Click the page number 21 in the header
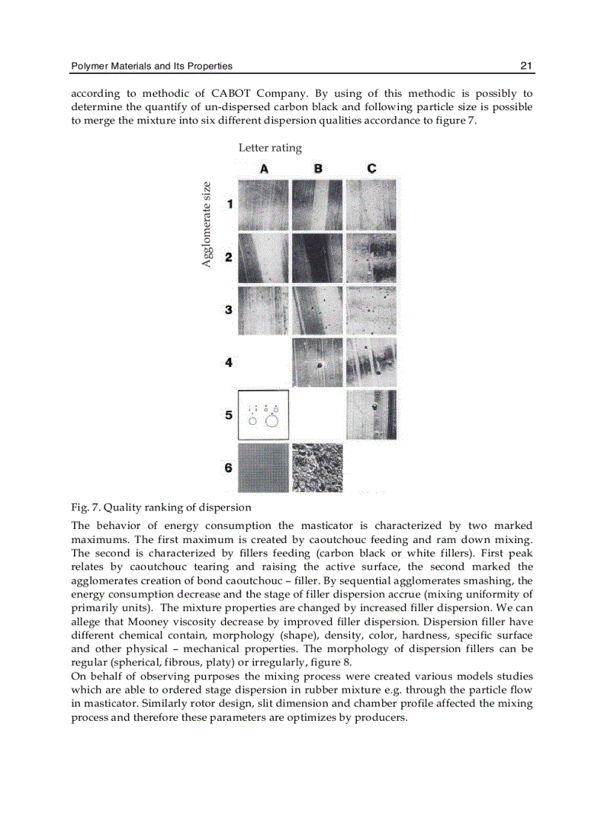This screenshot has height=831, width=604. point(526,66)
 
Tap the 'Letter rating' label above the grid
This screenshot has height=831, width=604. point(270,148)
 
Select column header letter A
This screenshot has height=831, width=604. point(264,169)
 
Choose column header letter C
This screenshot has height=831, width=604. point(372,169)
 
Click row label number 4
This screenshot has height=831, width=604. point(229,363)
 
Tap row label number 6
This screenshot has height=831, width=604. point(229,468)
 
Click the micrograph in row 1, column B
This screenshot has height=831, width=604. point(318,205)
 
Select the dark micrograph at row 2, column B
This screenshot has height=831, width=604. point(318,258)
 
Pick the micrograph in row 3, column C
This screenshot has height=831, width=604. point(371,311)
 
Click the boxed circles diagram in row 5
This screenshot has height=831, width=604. point(264,415)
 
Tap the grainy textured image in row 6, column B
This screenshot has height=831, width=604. point(318,468)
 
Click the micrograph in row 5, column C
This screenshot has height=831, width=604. point(371,415)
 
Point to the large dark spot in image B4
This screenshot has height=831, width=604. point(319,366)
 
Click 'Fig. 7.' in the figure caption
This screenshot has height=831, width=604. point(86,508)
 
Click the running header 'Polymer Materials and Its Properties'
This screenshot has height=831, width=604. point(152,66)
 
